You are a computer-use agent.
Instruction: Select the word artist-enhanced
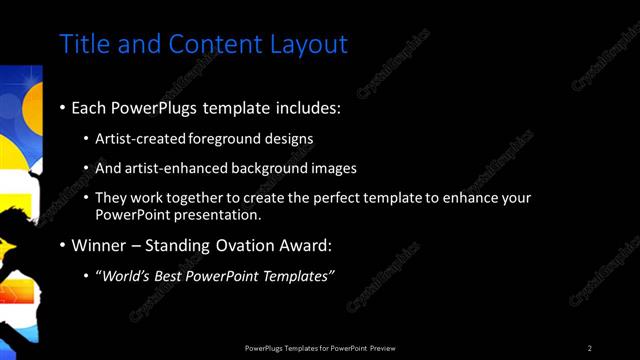[x=175, y=169]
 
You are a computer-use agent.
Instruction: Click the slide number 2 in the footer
[x=590, y=348]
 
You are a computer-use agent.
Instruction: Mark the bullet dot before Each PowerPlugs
[x=63, y=107]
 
